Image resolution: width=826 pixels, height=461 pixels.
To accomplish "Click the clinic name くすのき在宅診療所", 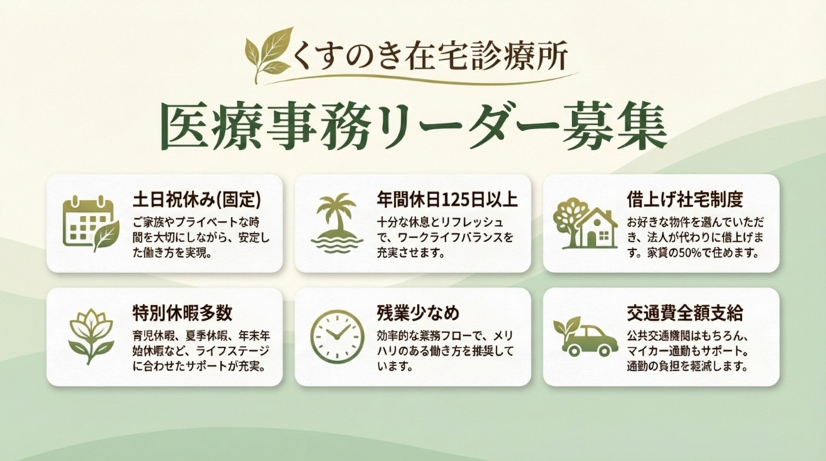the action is (430, 55).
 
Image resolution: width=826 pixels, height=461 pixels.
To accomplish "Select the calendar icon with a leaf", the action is (91, 224).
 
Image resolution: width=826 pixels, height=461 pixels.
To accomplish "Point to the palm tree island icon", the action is (337, 223).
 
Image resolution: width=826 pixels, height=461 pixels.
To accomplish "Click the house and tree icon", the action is (585, 224).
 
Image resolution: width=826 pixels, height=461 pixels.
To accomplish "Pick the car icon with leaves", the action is (586, 336).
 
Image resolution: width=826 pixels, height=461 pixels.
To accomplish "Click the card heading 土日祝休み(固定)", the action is (197, 200).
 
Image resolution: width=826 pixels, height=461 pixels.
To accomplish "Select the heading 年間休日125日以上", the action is (447, 200).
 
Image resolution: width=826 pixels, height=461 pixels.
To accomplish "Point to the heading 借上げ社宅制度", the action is (685, 200).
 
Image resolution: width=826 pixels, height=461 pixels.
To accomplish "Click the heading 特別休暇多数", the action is (182, 313).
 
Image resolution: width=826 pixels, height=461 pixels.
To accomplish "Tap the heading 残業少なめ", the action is (419, 313).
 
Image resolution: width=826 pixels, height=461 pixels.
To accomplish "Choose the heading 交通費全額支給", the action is (685, 313).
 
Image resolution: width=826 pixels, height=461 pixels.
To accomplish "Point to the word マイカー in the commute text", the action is (644, 351).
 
